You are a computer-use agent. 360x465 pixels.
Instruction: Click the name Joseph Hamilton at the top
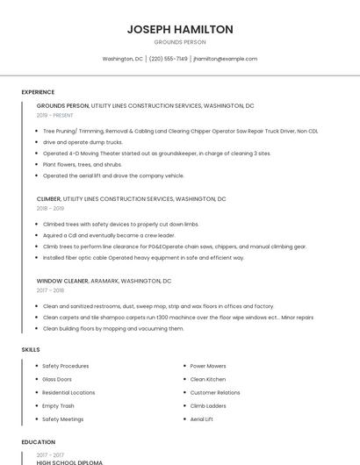click(x=180, y=29)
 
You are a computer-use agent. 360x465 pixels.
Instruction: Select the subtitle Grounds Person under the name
click(x=180, y=42)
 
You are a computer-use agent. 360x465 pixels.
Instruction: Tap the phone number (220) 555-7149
click(x=168, y=59)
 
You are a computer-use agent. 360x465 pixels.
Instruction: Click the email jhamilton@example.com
click(x=226, y=59)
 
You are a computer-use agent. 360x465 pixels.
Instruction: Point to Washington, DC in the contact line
click(x=122, y=59)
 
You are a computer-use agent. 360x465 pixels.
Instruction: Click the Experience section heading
click(x=38, y=92)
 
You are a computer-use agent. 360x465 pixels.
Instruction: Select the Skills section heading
click(x=31, y=350)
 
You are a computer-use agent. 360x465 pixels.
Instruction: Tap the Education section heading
click(x=39, y=442)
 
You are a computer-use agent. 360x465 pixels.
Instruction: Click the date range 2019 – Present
click(x=55, y=115)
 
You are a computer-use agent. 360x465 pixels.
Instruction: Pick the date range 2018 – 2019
click(x=50, y=209)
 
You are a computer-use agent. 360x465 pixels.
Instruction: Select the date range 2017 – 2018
click(x=50, y=290)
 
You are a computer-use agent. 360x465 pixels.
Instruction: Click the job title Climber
click(x=48, y=199)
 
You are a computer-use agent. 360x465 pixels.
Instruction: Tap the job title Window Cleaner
click(x=61, y=281)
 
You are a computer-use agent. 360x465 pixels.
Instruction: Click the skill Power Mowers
click(x=208, y=366)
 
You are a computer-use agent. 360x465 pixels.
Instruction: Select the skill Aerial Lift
click(x=202, y=419)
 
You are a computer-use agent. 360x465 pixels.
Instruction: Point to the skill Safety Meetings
click(x=63, y=419)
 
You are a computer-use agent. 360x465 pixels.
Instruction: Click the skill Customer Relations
click(x=215, y=392)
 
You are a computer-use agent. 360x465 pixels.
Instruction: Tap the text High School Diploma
click(x=69, y=461)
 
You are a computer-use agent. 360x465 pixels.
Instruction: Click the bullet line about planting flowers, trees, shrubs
click(x=83, y=164)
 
